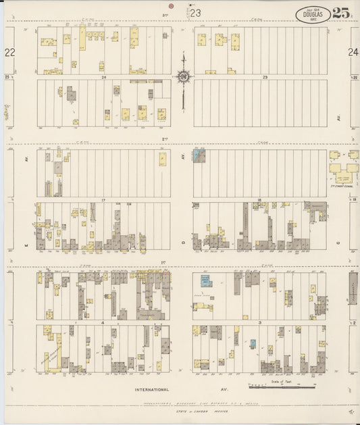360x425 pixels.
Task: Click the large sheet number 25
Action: click(x=341, y=13)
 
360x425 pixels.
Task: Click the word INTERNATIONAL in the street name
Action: click(x=151, y=390)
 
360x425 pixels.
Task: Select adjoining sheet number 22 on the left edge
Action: click(x=9, y=52)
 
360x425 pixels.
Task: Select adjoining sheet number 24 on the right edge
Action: click(x=353, y=52)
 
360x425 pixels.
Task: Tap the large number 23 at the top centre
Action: click(x=195, y=12)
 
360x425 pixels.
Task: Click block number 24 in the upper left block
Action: click(x=104, y=78)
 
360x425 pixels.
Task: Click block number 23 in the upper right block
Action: click(x=265, y=78)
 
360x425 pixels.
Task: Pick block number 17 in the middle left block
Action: click(x=104, y=200)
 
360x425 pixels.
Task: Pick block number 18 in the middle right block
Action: click(x=259, y=200)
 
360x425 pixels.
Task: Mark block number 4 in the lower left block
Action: click(x=103, y=323)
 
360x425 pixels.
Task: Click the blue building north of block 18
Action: click(x=198, y=155)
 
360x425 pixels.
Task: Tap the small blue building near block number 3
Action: click(x=253, y=343)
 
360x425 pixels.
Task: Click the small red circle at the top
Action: click(x=172, y=5)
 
